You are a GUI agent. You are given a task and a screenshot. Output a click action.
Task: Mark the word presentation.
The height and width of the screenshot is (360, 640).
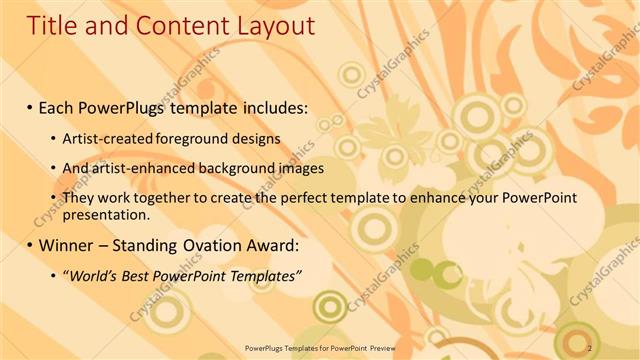(x=105, y=214)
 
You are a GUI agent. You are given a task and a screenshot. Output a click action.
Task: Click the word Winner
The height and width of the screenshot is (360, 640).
(x=67, y=245)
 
